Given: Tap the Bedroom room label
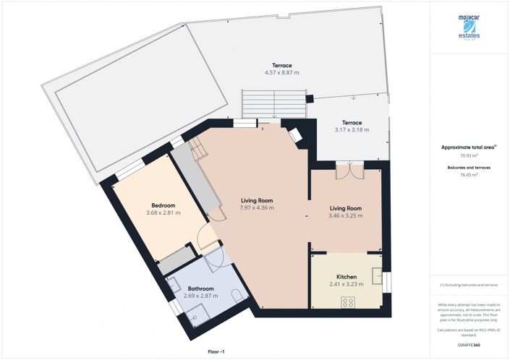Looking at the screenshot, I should tap(163, 205).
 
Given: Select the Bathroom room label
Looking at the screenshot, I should tap(201, 288).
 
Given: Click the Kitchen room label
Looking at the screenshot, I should tap(346, 277).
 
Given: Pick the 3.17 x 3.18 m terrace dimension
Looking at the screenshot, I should tap(352, 130).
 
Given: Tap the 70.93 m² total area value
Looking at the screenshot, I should tap(469, 155).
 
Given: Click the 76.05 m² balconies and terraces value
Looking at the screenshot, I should tap(469, 174).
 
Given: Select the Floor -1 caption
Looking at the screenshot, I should tap(216, 351).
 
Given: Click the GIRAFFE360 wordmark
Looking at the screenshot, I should tap(468, 346).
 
